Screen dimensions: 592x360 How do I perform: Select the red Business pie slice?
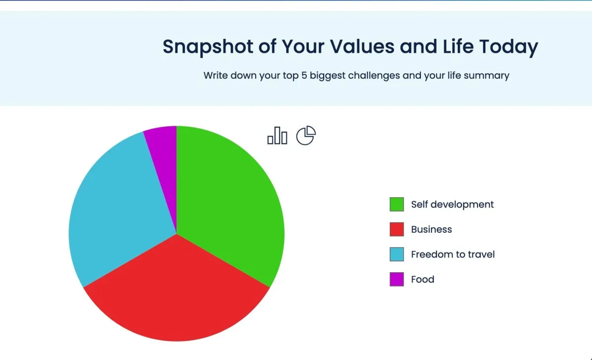coord(177,293)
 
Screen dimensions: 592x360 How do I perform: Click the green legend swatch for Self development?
coord(397,204)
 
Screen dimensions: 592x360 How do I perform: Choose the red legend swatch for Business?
coord(397,229)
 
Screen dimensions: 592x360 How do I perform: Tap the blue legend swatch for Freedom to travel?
coord(397,254)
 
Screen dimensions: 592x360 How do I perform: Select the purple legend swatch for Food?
coord(397,279)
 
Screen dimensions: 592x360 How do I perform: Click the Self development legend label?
coord(452,205)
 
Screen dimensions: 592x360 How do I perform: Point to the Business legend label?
coord(431,229)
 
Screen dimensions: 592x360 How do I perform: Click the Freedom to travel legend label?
coord(453,254)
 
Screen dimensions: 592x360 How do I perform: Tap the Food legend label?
coord(423,280)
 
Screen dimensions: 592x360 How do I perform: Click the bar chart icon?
coord(277,136)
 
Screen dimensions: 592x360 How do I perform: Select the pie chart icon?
coord(306,135)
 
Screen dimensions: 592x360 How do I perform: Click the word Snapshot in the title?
coord(208,47)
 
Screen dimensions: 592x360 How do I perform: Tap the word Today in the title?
coord(509,47)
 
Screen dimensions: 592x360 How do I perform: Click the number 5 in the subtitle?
coord(304,75)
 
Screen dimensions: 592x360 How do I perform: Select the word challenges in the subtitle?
coord(374,76)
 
